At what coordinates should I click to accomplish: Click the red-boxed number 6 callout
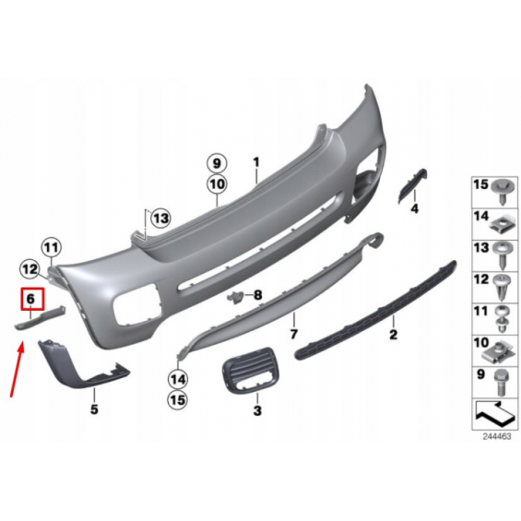point(32,300)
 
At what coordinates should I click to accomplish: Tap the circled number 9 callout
point(217,163)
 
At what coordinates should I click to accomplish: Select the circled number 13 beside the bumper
point(160,219)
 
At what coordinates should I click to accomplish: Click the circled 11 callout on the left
point(52,247)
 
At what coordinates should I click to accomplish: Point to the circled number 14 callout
point(178,379)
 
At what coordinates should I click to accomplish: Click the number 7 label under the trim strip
point(294,334)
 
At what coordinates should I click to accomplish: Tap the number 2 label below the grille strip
point(394,334)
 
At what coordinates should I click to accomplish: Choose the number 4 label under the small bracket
point(415,208)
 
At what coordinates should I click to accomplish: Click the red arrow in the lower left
point(18,369)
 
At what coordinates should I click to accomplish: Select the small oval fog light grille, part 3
point(249,370)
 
